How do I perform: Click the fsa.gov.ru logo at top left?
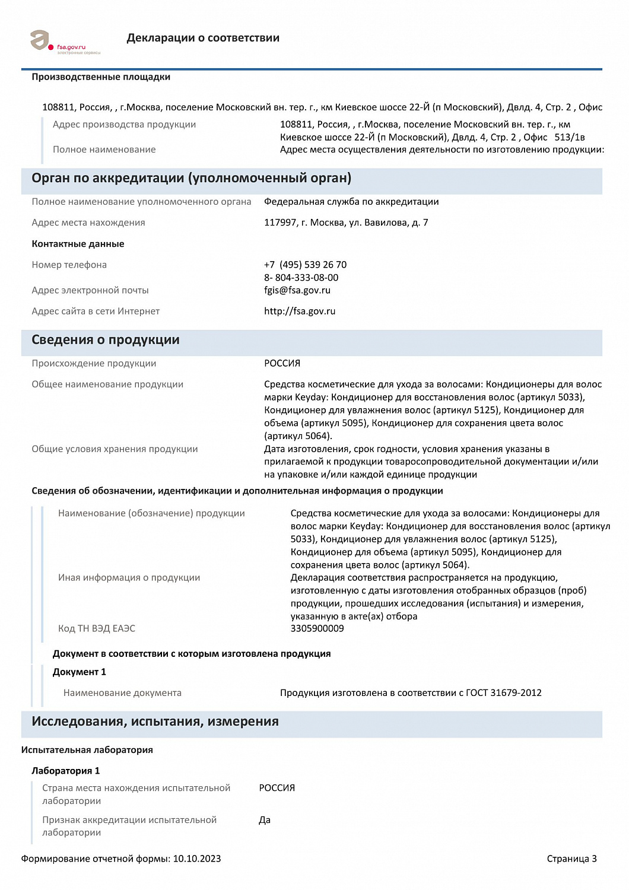point(64,43)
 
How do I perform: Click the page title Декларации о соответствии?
point(203,38)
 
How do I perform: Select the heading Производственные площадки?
point(101,77)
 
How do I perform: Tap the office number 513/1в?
point(570,137)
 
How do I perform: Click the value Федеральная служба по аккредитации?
point(351,202)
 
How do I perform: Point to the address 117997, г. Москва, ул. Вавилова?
point(346,223)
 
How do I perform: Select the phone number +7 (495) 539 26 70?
point(305,265)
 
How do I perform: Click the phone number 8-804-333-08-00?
point(301,278)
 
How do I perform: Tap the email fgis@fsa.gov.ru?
point(297,290)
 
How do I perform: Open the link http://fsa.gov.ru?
point(300,311)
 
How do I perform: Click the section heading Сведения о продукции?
point(105,340)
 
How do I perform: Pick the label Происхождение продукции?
point(94,363)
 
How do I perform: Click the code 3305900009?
point(317,628)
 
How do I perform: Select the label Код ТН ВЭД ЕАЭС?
point(96,628)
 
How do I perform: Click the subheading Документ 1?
point(79,672)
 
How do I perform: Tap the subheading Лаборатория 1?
point(65,771)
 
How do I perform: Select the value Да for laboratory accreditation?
point(265,820)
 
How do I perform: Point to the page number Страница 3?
point(571,859)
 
